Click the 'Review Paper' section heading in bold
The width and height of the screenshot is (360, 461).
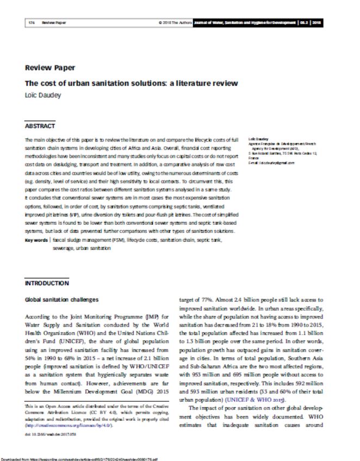[x=50, y=68]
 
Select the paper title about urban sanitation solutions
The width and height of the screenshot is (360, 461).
[x=132, y=83]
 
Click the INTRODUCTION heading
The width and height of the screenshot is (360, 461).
[x=47, y=283]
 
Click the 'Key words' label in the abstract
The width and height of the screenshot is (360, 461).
[x=35, y=240]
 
